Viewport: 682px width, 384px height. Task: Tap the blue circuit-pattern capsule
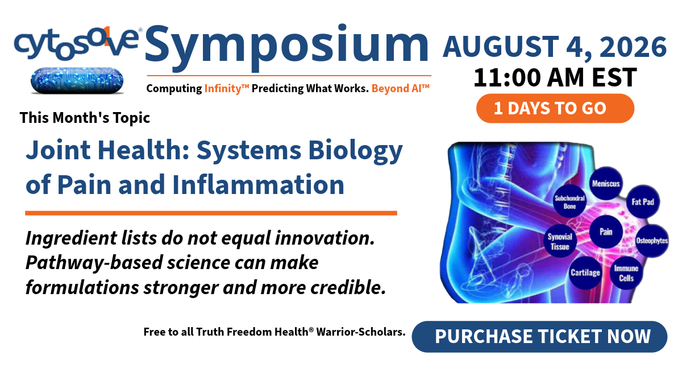pyautogui.click(x=77, y=80)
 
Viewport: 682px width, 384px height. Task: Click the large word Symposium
pyautogui.click(x=287, y=47)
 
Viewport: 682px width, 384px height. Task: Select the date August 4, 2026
pyautogui.click(x=555, y=47)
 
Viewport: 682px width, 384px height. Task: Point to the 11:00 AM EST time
pyautogui.click(x=555, y=77)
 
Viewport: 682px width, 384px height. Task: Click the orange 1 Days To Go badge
pyautogui.click(x=555, y=108)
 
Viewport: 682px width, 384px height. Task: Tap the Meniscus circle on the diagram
pyautogui.click(x=606, y=183)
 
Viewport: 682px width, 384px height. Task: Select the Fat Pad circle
pyautogui.click(x=643, y=202)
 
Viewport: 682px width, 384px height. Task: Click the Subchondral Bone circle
pyautogui.click(x=569, y=202)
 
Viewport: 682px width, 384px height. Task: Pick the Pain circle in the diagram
pyautogui.click(x=606, y=232)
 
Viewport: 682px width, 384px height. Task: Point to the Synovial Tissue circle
pyautogui.click(x=560, y=241)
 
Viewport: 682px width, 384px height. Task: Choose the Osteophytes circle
pyautogui.click(x=652, y=241)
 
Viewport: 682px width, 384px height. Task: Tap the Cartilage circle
pyautogui.click(x=585, y=272)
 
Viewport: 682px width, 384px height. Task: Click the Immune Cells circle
pyautogui.click(x=626, y=273)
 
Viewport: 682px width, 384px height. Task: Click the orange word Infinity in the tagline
pyautogui.click(x=227, y=88)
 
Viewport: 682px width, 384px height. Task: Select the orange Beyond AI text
pyautogui.click(x=400, y=88)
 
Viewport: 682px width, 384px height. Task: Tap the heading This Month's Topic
pyautogui.click(x=85, y=118)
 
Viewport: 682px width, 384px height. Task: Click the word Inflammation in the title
pyautogui.click(x=258, y=184)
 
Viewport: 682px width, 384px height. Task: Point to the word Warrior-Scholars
pyautogui.click(x=361, y=332)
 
